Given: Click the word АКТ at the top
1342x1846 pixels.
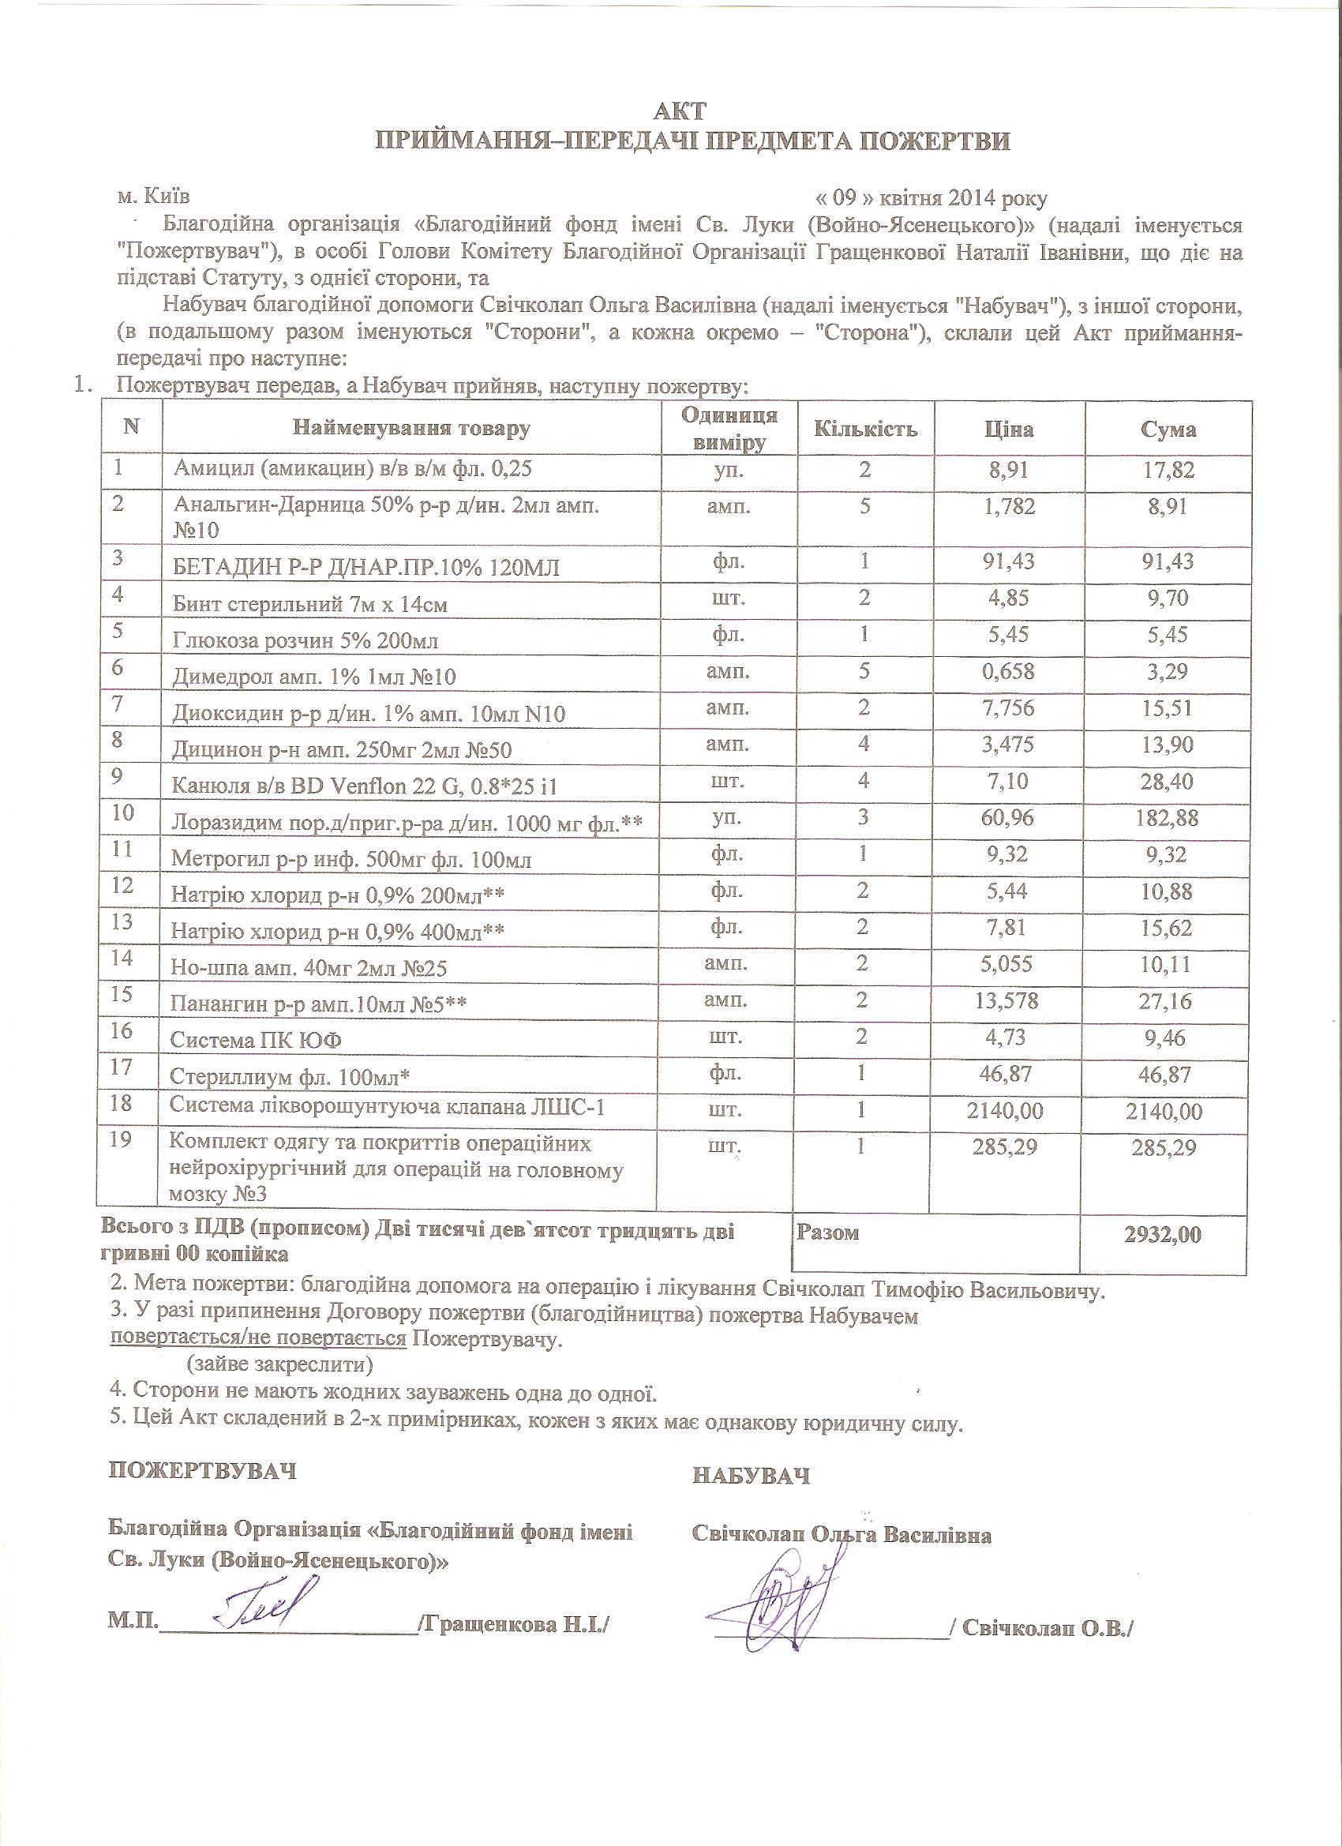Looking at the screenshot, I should (672, 111).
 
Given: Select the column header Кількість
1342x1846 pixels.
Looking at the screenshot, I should (866, 429).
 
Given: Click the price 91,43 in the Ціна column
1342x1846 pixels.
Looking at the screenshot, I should (1009, 561).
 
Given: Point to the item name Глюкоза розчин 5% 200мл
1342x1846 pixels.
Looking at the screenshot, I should (306, 640).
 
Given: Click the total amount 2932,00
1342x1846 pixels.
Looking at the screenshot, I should (1163, 1234).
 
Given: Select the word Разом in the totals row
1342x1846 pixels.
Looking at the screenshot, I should (827, 1233).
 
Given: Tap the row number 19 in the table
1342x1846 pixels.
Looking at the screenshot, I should (121, 1139).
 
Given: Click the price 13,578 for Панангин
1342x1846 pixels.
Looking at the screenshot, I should (1009, 1000).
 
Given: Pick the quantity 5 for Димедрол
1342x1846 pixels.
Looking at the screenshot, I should (864, 671).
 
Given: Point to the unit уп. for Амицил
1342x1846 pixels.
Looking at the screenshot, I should (727, 470).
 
